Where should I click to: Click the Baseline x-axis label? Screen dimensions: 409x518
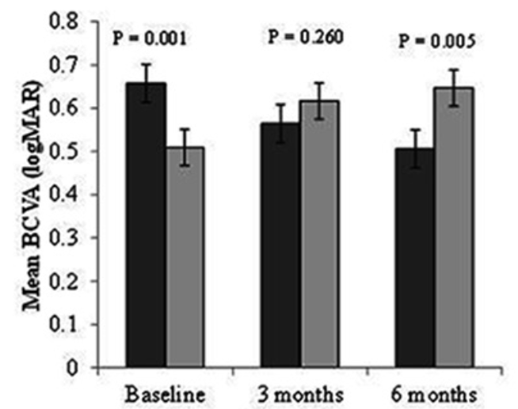166,393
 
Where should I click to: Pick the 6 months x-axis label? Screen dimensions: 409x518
436,393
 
